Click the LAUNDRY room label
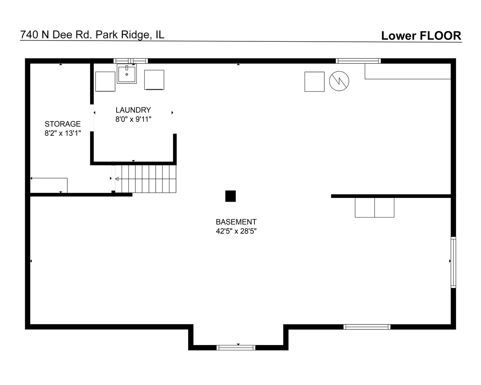pos(133,110)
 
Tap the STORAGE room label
pos(63,124)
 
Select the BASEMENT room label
pos(236,222)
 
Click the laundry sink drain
pos(127,74)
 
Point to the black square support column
pos(231,196)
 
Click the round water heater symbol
pos(339,81)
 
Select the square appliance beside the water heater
pos(315,82)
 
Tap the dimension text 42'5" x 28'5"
pos(236,231)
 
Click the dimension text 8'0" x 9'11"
pos(133,119)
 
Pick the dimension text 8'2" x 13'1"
pos(63,133)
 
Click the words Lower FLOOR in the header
pos(421,36)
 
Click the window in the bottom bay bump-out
pos(236,348)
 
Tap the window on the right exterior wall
pos(453,262)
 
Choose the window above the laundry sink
pos(131,61)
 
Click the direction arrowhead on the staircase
pos(117,179)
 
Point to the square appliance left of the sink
pos(105,82)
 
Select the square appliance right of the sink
pos(154,80)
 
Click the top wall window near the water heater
pos(358,61)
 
